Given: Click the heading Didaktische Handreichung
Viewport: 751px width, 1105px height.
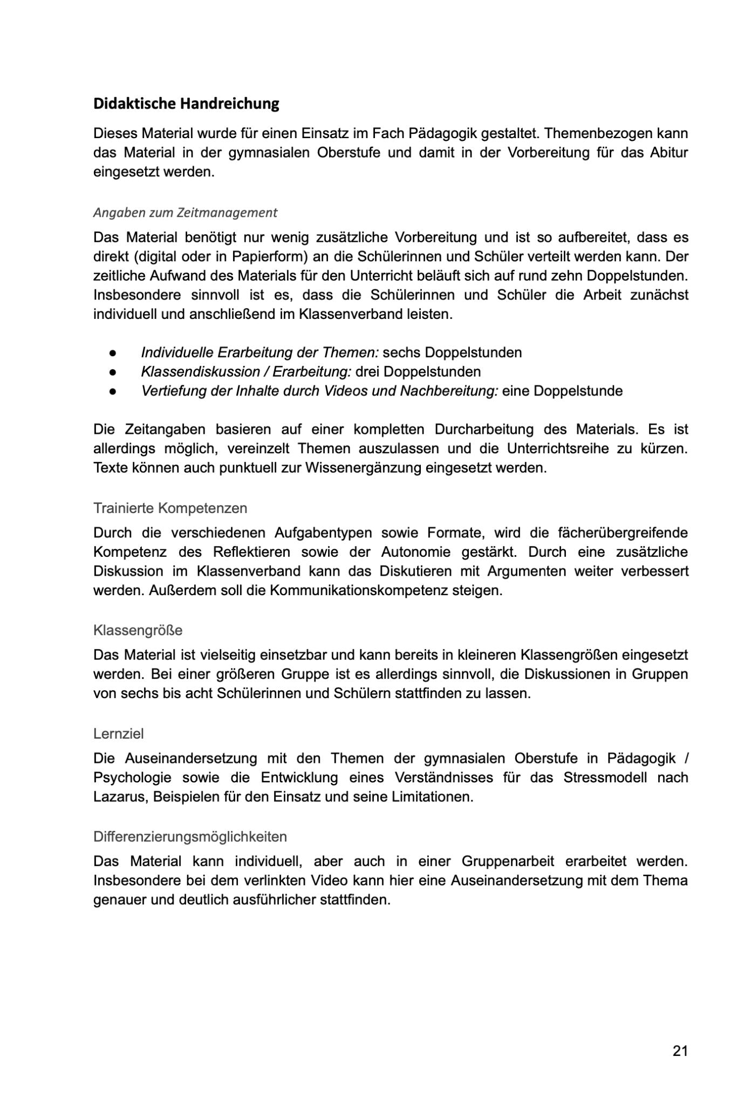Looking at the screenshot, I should pos(186,104).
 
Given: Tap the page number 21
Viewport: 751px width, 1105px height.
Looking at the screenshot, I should pos(680,1051).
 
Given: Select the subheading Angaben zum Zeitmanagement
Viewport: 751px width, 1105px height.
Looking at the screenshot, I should pos(185,213).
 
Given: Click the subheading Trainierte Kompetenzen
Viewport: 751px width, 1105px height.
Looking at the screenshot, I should pos(170,508).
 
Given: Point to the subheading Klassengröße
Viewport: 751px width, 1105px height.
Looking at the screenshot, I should pos(138,630).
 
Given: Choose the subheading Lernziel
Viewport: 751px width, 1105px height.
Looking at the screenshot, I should pos(119,734).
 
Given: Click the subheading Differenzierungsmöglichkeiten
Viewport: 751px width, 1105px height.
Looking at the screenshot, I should pos(190,837).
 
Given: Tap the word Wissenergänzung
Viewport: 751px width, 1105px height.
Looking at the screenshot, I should pos(363,468).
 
